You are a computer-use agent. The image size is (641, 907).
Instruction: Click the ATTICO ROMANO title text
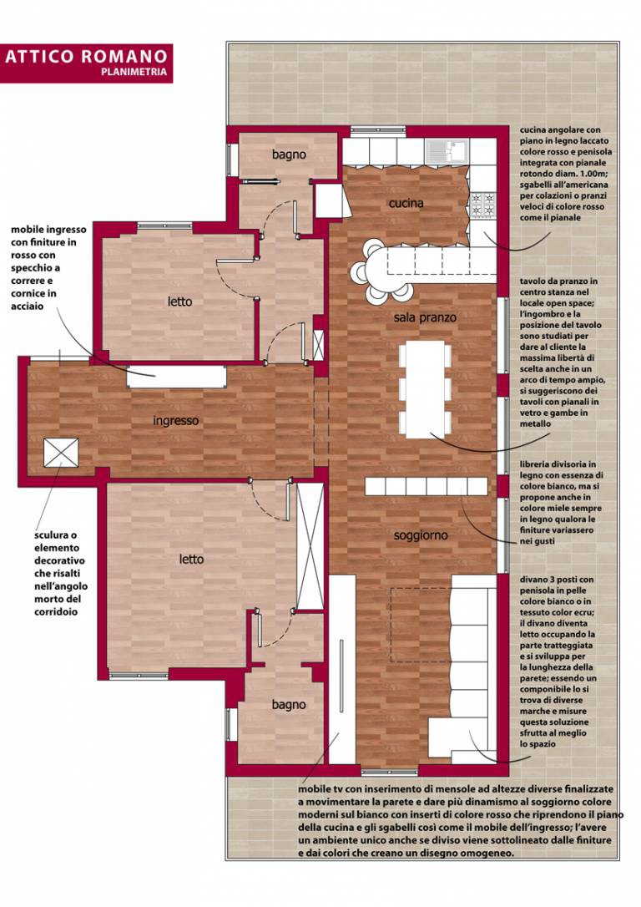[86, 57]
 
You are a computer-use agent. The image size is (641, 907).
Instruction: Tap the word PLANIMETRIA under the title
[134, 73]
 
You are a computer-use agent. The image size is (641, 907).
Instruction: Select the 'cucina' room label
[406, 203]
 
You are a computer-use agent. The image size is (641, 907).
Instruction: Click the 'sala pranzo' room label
[425, 317]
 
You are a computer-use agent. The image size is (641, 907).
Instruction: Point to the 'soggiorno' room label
[420, 535]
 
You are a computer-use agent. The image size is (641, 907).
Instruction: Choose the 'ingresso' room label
[176, 421]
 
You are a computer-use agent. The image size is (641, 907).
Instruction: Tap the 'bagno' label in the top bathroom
[289, 155]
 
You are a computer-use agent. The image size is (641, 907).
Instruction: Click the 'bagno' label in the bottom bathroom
[289, 705]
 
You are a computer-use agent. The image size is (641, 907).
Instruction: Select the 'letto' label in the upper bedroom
[179, 301]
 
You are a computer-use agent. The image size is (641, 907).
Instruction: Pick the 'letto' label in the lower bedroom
[191, 560]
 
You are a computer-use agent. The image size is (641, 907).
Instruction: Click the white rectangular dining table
[425, 389]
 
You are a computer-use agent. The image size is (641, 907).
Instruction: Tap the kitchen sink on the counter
[447, 151]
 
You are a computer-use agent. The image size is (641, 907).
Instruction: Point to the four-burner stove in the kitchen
[483, 204]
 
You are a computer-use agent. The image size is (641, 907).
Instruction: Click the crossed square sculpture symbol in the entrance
[61, 453]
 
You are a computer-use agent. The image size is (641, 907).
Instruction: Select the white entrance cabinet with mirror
[177, 377]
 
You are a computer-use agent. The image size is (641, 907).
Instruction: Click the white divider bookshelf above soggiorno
[426, 486]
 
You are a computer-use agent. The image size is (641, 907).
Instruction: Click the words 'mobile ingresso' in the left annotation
[48, 230]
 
